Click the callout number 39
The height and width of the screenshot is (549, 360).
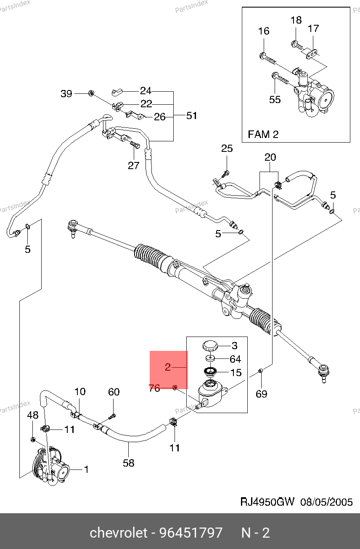pyautogui.click(x=66, y=94)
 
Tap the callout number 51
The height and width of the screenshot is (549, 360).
pyautogui.click(x=191, y=116)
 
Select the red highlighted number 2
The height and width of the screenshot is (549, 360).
pyautogui.click(x=168, y=367)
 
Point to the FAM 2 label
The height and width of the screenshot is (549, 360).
pyautogui.click(x=263, y=134)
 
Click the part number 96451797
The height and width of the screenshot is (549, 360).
pyautogui.click(x=191, y=533)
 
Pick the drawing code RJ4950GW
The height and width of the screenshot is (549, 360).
pyautogui.click(x=267, y=502)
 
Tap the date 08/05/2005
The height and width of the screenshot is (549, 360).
pyautogui.click(x=326, y=502)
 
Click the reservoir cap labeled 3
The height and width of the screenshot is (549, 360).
pyautogui.click(x=210, y=346)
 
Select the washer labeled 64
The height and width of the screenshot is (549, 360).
pyautogui.click(x=210, y=358)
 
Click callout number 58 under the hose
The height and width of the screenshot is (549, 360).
pyautogui.click(x=128, y=463)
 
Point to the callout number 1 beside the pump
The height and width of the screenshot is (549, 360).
pyautogui.click(x=86, y=469)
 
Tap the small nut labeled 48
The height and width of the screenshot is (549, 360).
pyautogui.click(x=33, y=440)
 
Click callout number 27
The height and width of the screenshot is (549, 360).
pyautogui.click(x=134, y=166)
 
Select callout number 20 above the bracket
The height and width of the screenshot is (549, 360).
pyautogui.click(x=270, y=157)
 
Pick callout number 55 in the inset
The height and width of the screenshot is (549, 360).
pyautogui.click(x=275, y=100)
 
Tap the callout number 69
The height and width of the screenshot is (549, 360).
pyautogui.click(x=261, y=394)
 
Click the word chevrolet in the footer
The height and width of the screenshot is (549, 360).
pyautogui.click(x=119, y=533)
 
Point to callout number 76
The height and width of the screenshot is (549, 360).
pyautogui.click(x=154, y=388)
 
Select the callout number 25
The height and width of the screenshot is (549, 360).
pyautogui.click(x=227, y=148)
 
